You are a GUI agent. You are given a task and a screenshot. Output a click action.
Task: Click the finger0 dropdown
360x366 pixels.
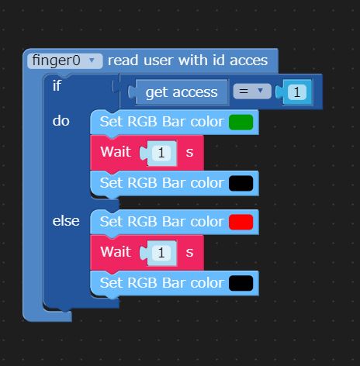(x=64, y=61)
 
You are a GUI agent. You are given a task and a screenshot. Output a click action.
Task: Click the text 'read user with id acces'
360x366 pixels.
(x=188, y=60)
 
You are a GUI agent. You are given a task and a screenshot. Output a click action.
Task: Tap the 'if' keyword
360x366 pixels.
(x=57, y=85)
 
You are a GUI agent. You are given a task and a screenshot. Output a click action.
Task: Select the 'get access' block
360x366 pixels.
(x=182, y=92)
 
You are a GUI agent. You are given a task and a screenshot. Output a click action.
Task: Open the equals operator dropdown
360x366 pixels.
(x=252, y=91)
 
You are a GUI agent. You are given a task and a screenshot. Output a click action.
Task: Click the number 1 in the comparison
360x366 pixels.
(x=296, y=92)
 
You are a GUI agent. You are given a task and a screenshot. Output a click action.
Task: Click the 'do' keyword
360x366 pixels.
(x=61, y=121)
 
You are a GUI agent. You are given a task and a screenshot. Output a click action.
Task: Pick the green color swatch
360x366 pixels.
(x=241, y=123)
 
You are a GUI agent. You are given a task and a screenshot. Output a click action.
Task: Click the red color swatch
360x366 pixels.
(x=241, y=222)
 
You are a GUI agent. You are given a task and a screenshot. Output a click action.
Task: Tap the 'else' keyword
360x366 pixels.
(x=66, y=221)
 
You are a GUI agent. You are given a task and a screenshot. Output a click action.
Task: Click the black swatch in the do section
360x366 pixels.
(x=241, y=183)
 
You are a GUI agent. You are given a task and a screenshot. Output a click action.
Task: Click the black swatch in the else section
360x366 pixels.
(x=241, y=283)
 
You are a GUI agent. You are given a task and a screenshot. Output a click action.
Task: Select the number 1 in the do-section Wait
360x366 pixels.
(x=161, y=153)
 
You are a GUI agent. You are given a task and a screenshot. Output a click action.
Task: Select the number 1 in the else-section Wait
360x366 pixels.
(x=161, y=253)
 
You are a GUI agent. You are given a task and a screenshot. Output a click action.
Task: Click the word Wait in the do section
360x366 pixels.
(x=116, y=151)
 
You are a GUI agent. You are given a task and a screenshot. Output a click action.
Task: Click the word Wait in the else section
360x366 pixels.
(x=116, y=251)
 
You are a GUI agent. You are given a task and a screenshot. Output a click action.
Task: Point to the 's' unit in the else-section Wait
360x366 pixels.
(x=189, y=253)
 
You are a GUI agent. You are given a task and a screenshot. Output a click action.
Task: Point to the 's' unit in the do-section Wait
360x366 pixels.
(x=189, y=153)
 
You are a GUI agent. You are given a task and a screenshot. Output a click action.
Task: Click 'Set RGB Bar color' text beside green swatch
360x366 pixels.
(x=162, y=122)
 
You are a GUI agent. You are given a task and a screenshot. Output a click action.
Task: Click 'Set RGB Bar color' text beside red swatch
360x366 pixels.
(x=162, y=222)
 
